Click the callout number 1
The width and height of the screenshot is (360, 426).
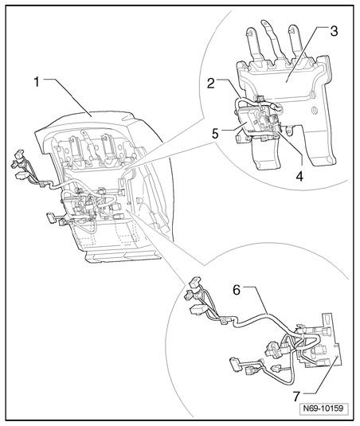coord(37,82)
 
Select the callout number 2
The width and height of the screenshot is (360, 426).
coord(210,84)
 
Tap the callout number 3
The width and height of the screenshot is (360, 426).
coord(334,31)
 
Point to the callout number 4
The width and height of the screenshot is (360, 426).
coord(299,176)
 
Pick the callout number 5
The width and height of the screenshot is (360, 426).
coord(216,134)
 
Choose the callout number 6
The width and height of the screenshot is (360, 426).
coord(237,290)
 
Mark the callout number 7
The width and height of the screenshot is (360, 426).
coord(297,397)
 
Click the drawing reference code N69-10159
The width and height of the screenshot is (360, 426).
coord(323,408)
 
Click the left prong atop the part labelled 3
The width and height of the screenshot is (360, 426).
coord(253,45)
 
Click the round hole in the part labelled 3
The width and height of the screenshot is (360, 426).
coord(315,111)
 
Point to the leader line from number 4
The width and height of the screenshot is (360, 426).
coord(293,149)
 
